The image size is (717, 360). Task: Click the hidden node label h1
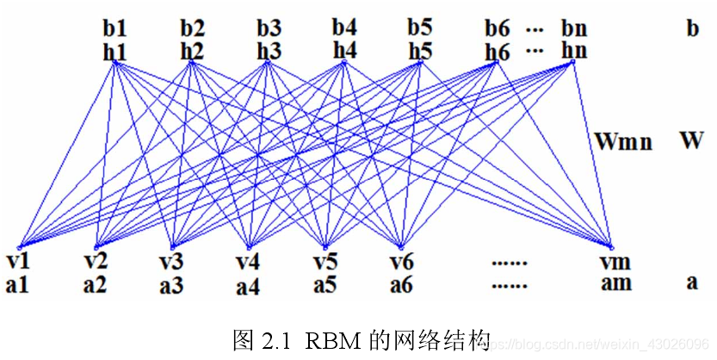[114, 52]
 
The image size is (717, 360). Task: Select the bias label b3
[269, 29]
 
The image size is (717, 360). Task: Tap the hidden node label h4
[344, 51]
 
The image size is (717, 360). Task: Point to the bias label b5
[420, 29]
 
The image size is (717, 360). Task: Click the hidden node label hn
[574, 51]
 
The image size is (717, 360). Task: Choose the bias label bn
[574, 29]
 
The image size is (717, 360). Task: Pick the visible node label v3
[172, 262]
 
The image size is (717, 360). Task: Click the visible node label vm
[615, 262]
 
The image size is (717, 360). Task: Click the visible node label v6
[401, 262]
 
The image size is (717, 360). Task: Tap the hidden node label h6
[498, 52]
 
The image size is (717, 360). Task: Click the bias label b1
[114, 29]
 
